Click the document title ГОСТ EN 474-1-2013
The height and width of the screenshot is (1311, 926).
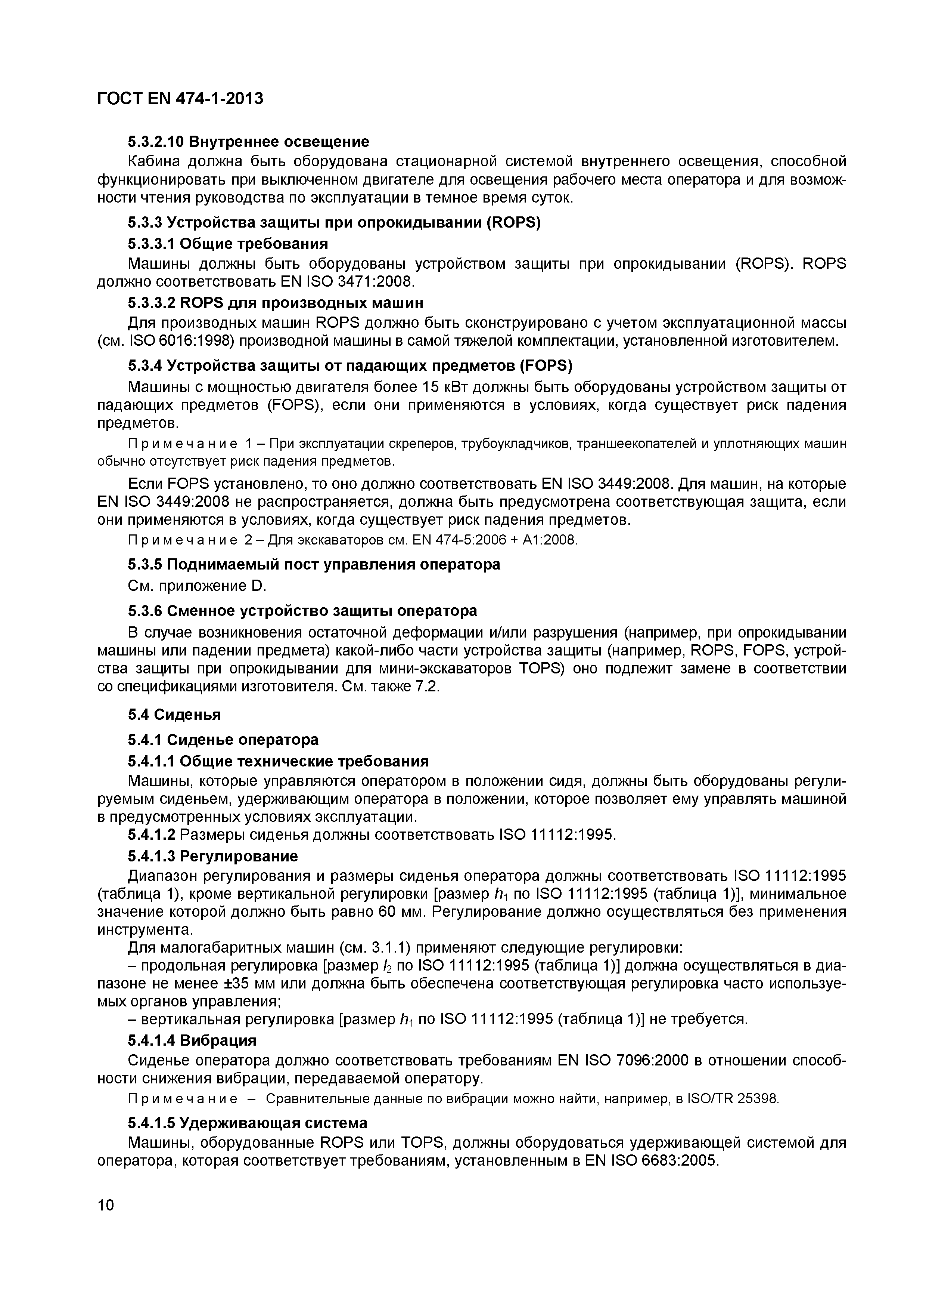[180, 99]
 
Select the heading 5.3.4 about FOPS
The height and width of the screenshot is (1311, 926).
[350, 365]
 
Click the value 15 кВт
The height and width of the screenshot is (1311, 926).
[449, 387]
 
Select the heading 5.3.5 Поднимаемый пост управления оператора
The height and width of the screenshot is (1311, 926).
[314, 564]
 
